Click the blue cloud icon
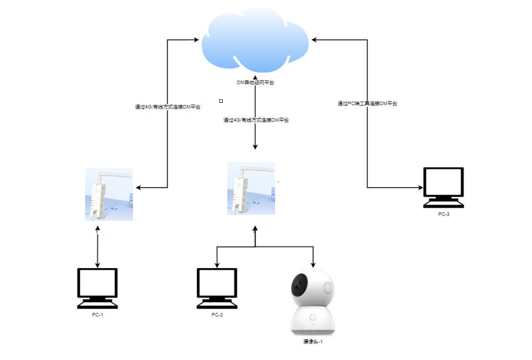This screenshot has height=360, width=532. [x=256, y=42]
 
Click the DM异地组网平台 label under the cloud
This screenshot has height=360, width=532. [x=255, y=83]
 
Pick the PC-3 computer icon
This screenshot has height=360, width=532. [x=444, y=187]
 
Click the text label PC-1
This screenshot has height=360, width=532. [x=97, y=315]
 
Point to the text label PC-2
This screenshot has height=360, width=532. [x=217, y=315]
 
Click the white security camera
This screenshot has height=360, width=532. [x=312, y=302]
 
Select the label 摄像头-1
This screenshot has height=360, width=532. [x=312, y=341]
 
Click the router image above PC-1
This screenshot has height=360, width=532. [x=109, y=194]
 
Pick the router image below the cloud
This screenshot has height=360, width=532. [x=251, y=188]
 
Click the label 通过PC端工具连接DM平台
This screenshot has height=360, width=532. [x=367, y=104]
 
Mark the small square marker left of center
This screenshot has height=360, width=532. [x=221, y=101]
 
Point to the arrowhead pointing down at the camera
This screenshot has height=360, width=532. [x=313, y=265]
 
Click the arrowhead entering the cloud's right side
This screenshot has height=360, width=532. [x=313, y=40]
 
